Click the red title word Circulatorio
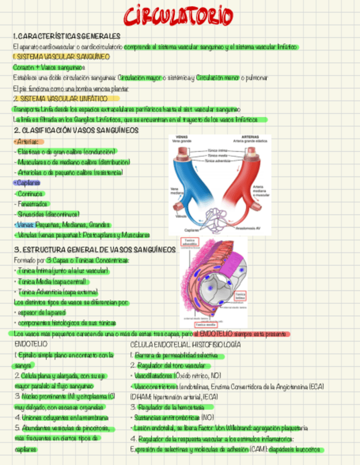179,16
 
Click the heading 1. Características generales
66,36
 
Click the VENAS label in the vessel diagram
182,137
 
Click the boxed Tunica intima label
240,296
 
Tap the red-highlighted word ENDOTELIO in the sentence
209,334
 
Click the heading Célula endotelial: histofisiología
185,344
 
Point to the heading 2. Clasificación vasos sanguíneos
76,131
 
